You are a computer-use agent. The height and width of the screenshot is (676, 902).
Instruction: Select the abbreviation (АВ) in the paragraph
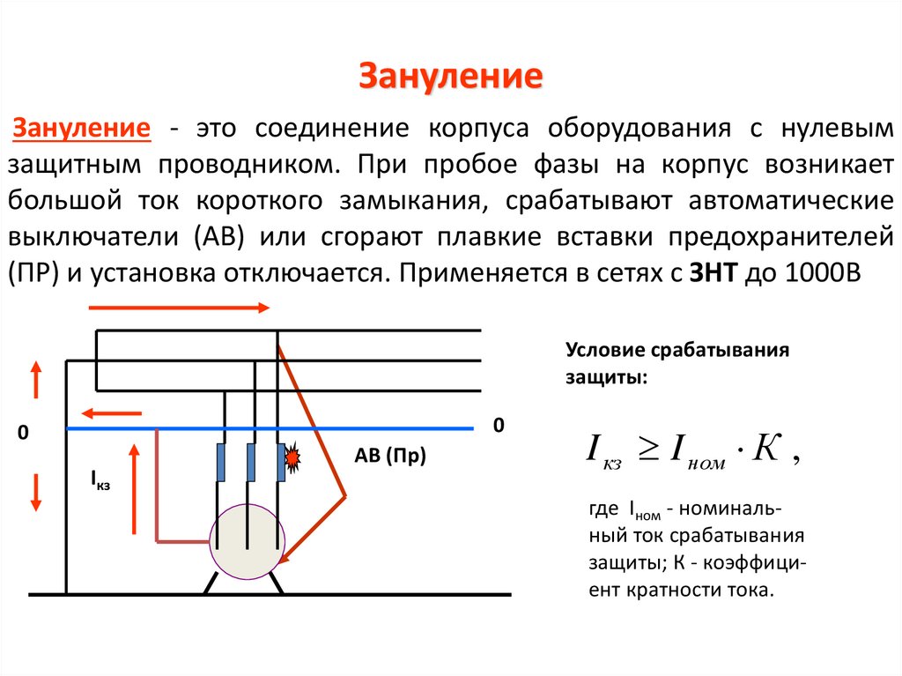pyautogui.click(x=206, y=237)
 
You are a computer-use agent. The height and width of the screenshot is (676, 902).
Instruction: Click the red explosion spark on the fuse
pyautogui.click(x=292, y=458)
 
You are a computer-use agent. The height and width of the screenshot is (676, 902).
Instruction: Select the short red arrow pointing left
pyautogui.click(x=111, y=412)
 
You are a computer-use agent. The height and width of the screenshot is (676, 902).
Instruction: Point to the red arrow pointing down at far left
pyautogui.click(x=36, y=491)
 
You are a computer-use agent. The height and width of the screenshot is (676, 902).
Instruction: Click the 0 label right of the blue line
pyautogui.click(x=498, y=426)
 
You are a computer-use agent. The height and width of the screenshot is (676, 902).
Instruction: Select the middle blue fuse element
pyautogui.click(x=252, y=462)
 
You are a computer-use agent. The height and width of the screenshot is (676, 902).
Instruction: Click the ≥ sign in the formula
pyautogui.click(x=647, y=450)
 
